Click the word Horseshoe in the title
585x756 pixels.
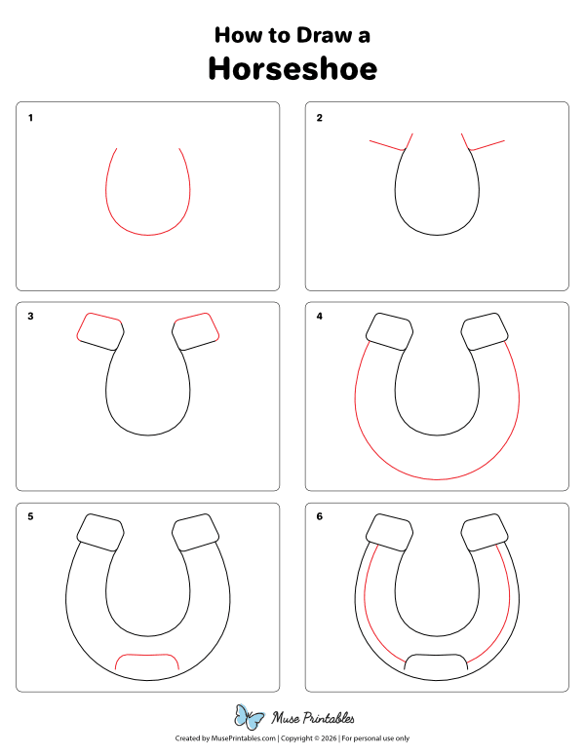pos(292,69)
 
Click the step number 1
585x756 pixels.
pos(30,118)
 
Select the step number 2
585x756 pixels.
pos(319,118)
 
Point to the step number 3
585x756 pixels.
pos(30,317)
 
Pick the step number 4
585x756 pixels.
pos(319,317)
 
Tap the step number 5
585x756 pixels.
pos(30,516)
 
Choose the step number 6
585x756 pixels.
pos(319,516)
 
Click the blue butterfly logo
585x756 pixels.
pos(251,717)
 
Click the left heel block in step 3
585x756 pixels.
pos(100,331)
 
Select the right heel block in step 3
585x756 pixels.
pos(196,331)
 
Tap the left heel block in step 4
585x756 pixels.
pos(388,331)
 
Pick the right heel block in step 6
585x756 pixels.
pos(485,531)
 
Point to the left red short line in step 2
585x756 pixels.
pos(386,145)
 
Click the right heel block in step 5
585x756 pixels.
pos(196,531)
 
